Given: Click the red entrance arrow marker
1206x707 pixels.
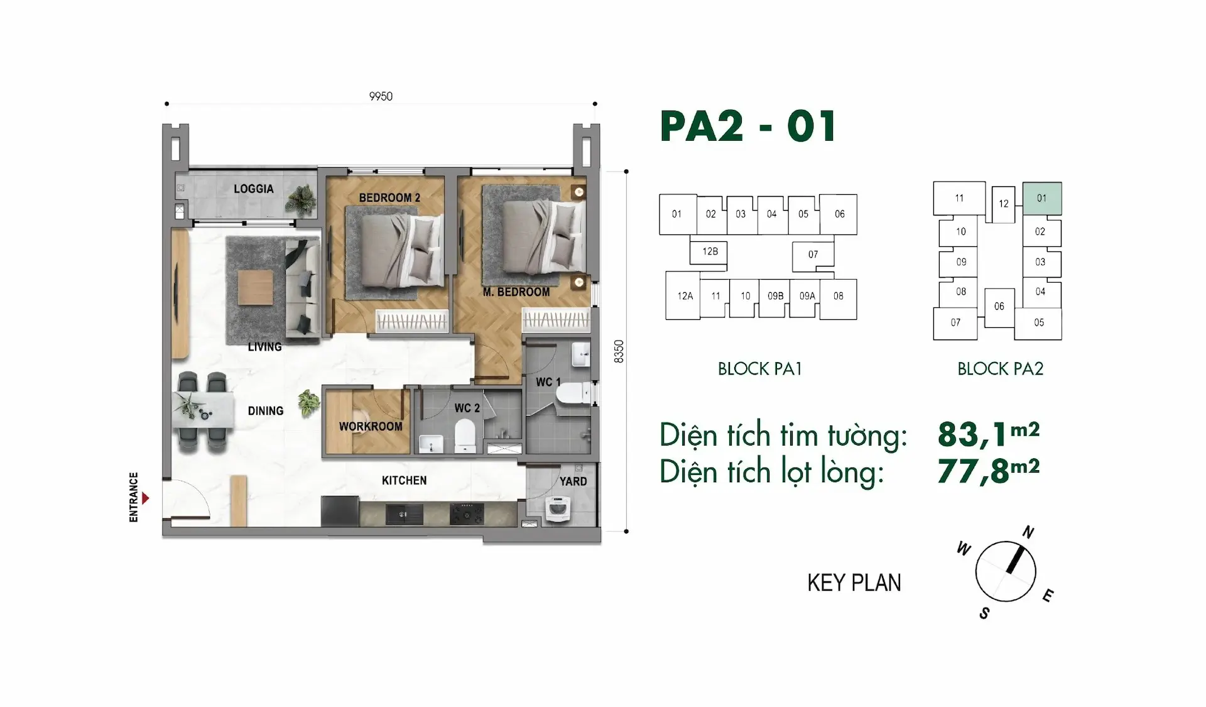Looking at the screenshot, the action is (146, 498).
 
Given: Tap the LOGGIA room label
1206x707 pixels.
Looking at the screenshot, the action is (254, 189).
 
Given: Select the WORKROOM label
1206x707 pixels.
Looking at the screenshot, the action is (371, 426).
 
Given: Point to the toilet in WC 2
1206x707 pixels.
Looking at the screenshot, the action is (465, 436).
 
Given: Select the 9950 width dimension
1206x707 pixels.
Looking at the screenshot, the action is (381, 96).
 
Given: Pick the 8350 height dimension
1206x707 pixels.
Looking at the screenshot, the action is (619, 351).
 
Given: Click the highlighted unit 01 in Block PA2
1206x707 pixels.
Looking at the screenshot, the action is (1042, 199).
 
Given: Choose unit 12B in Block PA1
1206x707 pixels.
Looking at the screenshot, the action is (710, 252).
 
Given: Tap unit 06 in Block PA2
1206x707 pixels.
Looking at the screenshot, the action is (999, 307).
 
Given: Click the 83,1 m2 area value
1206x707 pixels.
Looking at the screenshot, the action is (989, 434).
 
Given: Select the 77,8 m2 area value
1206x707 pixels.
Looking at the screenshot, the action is (989, 470).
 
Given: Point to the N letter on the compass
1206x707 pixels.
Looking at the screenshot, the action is (1028, 532).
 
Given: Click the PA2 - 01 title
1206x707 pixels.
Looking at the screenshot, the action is (748, 126).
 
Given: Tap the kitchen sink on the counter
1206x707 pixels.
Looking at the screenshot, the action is (404, 514).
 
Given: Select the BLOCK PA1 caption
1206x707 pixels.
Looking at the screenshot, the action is (760, 369).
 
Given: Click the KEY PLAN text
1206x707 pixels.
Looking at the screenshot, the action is (854, 583).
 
